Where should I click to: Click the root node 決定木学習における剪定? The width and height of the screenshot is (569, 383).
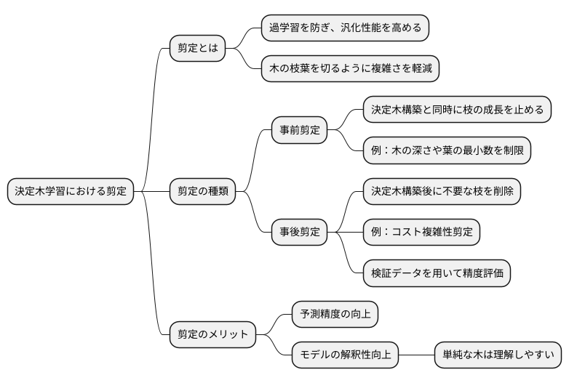pyautogui.click(x=70, y=192)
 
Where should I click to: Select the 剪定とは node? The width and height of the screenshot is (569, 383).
pyautogui.click(x=197, y=49)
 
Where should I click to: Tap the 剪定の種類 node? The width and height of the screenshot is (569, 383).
pyautogui.click(x=203, y=192)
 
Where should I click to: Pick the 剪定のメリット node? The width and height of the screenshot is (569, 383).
pyautogui.click(x=212, y=335)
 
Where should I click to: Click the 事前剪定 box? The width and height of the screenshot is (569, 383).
pyautogui.click(x=299, y=131)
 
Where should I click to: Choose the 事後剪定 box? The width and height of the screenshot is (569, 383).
pyautogui.click(x=299, y=233)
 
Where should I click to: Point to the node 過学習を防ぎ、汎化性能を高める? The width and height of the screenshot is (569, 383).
pyautogui.click(x=345, y=28)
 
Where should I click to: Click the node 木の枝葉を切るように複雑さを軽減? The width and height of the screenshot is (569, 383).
pyautogui.click(x=350, y=69)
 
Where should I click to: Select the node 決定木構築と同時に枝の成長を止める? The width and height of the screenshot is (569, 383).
pyautogui.click(x=456, y=110)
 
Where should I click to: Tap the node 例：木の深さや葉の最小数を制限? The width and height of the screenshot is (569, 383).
pyautogui.click(x=446, y=150)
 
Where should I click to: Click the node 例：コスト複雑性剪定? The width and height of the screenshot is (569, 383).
pyautogui.click(x=421, y=233)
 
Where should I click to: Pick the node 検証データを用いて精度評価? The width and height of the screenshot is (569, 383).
pyautogui.click(x=437, y=273)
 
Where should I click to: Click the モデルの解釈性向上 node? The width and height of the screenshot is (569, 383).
pyautogui.click(x=345, y=355)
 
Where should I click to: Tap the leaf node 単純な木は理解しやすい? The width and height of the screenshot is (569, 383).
pyautogui.click(x=498, y=355)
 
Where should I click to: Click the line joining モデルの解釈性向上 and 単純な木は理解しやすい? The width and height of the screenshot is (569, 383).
pyautogui.click(x=416, y=355)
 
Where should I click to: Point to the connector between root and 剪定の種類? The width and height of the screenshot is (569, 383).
pyautogui.click(x=151, y=192)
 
